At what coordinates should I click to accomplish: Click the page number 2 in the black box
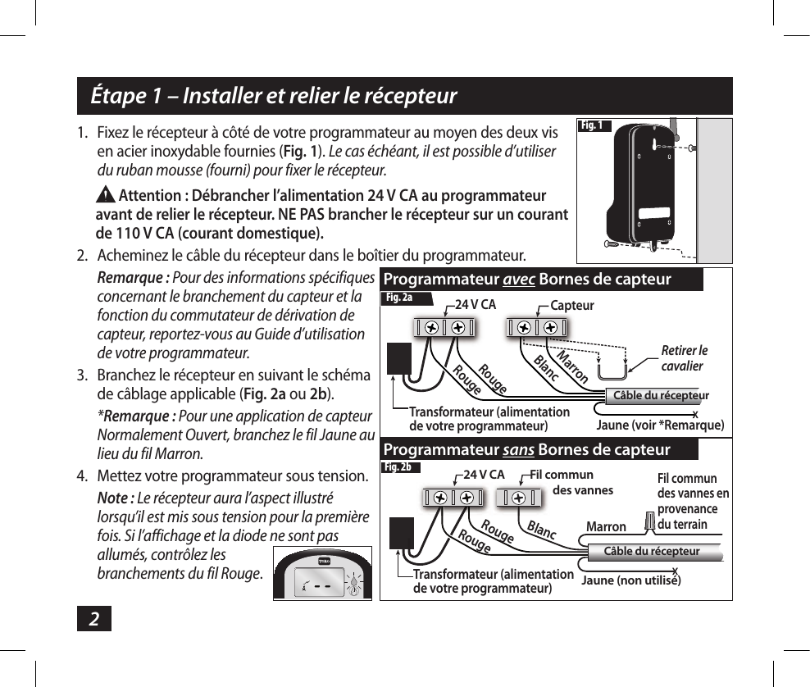pyautogui.click(x=94, y=620)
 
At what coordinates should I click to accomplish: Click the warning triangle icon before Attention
pyautogui.click(x=107, y=196)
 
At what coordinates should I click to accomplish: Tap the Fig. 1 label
pyautogui.click(x=592, y=125)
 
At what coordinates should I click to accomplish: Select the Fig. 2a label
pyautogui.click(x=400, y=298)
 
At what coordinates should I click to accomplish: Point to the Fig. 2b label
pyautogui.click(x=400, y=467)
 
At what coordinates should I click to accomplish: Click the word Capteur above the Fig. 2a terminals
pyautogui.click(x=572, y=305)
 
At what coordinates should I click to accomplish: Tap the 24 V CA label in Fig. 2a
pyautogui.click(x=476, y=305)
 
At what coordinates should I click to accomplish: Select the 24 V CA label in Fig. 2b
pyautogui.click(x=484, y=474)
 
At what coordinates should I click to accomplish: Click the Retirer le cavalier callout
pyautogui.click(x=684, y=358)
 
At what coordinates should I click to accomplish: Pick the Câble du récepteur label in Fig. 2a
pyautogui.click(x=662, y=396)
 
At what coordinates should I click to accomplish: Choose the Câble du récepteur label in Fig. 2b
pyautogui.click(x=652, y=551)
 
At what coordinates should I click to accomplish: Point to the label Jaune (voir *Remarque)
pyautogui.click(x=660, y=425)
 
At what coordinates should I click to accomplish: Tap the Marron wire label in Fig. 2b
pyautogui.click(x=606, y=527)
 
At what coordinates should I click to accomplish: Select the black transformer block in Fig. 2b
pyautogui.click(x=402, y=534)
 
